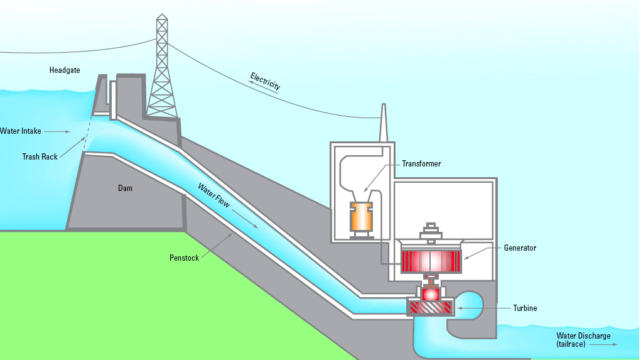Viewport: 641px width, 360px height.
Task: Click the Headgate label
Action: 65,70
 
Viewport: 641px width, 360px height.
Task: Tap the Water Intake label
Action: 21,131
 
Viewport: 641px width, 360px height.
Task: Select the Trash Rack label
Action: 40,157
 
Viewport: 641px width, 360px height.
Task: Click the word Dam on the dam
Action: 125,188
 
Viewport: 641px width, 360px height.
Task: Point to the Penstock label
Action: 184,258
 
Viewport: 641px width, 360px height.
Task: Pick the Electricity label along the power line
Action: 266,81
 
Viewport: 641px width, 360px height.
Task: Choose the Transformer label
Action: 421,164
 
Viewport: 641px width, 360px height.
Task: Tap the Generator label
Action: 520,248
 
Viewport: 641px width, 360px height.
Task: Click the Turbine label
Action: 524,308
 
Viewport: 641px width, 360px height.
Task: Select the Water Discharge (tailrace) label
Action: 583,340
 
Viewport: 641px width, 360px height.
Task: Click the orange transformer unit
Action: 363,217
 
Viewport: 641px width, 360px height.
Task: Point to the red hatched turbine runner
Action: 430,308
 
